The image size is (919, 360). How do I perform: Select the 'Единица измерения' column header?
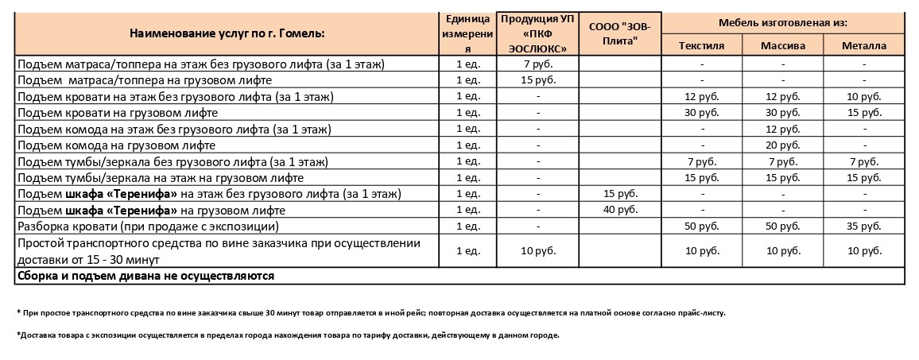[467, 33]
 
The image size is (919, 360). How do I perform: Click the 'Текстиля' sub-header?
[701, 45]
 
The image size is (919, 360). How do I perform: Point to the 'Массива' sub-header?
[783, 45]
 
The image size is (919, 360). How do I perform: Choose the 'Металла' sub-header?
[864, 45]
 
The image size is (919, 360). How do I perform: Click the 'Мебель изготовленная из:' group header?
[782, 21]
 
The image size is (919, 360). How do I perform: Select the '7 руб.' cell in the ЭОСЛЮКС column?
[538, 64]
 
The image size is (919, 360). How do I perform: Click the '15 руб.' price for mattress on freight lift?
[538, 79]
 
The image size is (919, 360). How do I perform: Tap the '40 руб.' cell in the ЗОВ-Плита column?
[620, 210]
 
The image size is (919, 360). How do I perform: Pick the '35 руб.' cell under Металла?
[864, 226]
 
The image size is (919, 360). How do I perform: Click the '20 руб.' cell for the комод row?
[783, 145]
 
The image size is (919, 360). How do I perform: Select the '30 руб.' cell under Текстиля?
[701, 112]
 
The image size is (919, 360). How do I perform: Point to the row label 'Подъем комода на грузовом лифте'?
[116, 145]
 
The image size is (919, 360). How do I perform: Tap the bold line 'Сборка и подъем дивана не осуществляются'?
[145, 276]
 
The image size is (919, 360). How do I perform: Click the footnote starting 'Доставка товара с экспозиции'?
[288, 335]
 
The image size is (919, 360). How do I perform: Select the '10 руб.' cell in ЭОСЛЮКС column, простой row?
[538, 251]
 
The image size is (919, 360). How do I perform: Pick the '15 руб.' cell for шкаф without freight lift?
[620, 194]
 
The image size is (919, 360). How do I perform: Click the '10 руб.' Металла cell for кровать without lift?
[864, 96]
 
